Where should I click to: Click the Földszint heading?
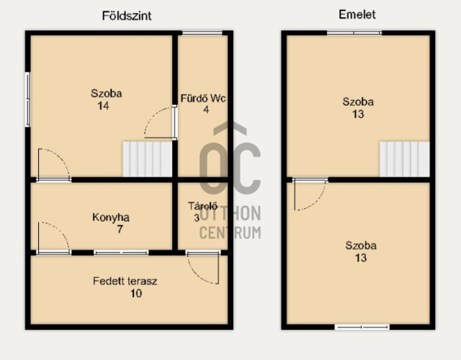tap(127, 16)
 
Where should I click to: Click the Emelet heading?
tap(357, 14)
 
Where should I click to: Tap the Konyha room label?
tap(111, 217)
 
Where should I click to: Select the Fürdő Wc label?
tap(203, 98)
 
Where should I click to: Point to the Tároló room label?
tap(203, 206)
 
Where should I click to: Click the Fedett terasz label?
tap(125, 282)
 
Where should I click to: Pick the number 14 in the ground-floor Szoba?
tap(103, 106)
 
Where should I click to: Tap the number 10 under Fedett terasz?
tap(136, 293)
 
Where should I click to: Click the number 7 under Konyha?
tap(120, 229)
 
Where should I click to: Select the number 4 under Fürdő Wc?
tap(206, 109)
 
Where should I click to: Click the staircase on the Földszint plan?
tap(147, 159)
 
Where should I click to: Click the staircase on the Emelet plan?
tap(405, 159)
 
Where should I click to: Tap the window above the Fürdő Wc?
tap(202, 32)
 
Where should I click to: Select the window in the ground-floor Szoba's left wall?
tap(27, 99)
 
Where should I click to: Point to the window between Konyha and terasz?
tap(121, 253)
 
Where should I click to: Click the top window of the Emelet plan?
tap(354, 32)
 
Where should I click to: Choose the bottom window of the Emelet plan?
tap(362, 327)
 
